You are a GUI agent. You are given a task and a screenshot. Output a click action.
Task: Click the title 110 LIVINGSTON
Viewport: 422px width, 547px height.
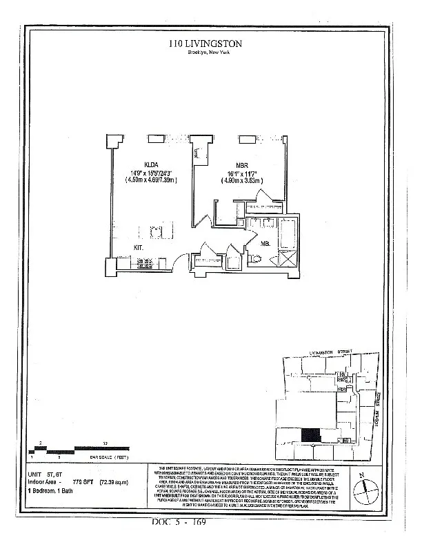click(x=205, y=44)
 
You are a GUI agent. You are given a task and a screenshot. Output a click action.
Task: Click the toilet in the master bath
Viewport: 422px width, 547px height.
click(x=256, y=258)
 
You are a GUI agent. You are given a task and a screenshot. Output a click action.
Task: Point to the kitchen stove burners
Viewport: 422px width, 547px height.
click(x=145, y=262)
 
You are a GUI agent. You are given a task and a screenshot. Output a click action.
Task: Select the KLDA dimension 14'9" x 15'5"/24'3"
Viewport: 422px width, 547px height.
click(x=147, y=173)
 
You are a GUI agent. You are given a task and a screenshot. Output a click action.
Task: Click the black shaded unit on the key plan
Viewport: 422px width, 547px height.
click(x=311, y=435)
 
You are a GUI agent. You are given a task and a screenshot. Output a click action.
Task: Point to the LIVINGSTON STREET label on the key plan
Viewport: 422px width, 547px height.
click(x=330, y=352)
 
